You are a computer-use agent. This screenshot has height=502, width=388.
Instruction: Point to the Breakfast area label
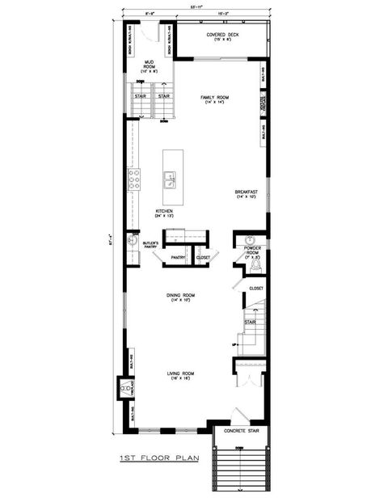[x=246, y=194]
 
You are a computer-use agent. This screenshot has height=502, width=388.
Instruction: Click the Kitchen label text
[x=165, y=214]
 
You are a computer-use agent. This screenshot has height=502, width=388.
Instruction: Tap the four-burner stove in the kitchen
[x=133, y=179]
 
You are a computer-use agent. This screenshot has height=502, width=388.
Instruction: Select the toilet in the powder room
[x=255, y=265]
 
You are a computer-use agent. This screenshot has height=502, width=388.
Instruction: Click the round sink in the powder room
[x=251, y=240]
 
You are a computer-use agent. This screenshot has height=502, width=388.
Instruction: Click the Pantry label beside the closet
[x=178, y=259]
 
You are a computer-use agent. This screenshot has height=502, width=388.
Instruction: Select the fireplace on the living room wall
[x=125, y=390]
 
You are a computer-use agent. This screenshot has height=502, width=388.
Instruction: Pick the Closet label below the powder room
[x=255, y=288]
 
